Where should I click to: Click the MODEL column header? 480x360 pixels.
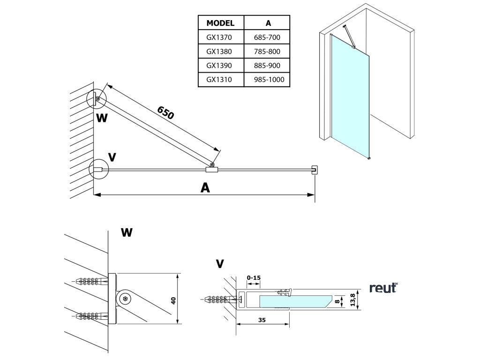[220, 23]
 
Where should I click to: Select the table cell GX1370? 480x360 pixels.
[219, 37]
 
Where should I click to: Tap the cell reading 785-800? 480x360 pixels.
[267, 52]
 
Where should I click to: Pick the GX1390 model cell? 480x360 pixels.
[219, 66]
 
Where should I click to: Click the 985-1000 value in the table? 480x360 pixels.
[269, 80]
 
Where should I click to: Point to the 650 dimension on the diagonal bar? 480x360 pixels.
[165, 112]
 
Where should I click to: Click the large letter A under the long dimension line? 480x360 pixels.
[205, 187]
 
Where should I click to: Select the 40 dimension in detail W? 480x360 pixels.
[173, 300]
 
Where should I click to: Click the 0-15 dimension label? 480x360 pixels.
[254, 277]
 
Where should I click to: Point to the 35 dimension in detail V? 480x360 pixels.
[262, 320]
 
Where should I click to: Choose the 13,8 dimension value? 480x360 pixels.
[352, 300]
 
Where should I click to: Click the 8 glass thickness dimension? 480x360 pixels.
[337, 301]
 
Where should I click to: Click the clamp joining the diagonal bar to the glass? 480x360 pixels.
[211, 169]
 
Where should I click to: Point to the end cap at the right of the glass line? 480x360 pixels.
[315, 170]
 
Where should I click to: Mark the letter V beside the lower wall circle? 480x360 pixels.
[112, 157]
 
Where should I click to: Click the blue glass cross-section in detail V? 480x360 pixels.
[295, 301]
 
